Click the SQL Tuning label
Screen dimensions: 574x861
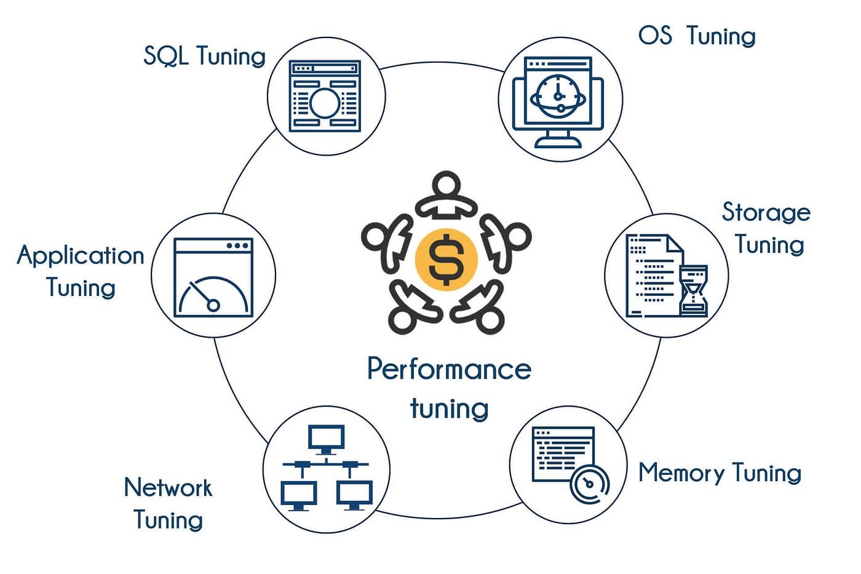(204, 56)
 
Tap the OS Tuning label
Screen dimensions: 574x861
(696, 36)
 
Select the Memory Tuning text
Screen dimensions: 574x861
(720, 472)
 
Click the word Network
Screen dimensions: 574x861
(168, 487)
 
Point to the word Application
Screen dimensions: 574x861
(81, 255)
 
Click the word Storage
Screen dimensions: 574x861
(766, 212)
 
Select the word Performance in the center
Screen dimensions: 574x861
(449, 369)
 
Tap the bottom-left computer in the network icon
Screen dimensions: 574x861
(299, 495)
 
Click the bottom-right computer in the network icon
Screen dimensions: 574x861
(354, 495)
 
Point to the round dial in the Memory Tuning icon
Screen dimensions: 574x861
(589, 484)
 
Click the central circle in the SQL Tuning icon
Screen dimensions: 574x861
(325, 103)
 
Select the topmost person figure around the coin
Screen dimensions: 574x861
(446, 196)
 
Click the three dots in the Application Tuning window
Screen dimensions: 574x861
(238, 245)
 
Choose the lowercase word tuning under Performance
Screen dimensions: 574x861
(449, 409)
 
